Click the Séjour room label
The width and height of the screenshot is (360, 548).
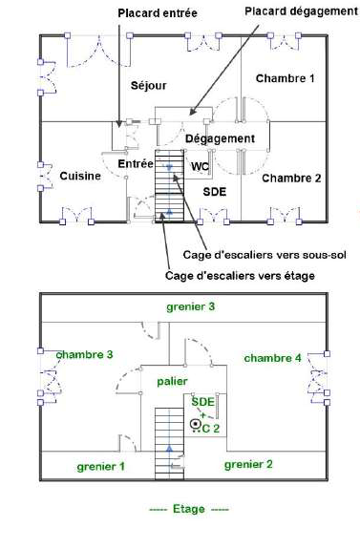[149, 86]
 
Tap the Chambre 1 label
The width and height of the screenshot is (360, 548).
[286, 78]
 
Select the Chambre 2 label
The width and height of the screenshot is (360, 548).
[291, 179]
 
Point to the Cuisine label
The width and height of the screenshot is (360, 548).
[80, 176]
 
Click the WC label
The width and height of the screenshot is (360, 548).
[200, 167]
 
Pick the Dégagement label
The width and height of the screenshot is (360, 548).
[220, 138]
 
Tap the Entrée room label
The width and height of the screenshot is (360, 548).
[136, 163]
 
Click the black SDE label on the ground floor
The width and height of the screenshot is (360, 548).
[215, 192]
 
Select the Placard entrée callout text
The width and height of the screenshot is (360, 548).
[158, 13]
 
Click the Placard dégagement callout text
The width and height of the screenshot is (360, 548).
[302, 11]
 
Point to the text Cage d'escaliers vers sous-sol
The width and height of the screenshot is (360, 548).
[265, 255]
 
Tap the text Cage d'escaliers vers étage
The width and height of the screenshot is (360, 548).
[240, 276]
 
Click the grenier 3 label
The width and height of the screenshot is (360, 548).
[190, 307]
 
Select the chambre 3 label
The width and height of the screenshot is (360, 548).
[85, 355]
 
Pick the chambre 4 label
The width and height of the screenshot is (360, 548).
[272, 358]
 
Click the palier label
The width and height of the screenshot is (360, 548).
[172, 382]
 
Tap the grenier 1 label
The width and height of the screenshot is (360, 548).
[100, 467]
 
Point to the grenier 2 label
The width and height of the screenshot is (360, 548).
[248, 465]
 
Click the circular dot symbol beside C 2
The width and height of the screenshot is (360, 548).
[196, 424]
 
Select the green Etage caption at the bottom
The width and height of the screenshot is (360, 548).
[189, 509]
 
